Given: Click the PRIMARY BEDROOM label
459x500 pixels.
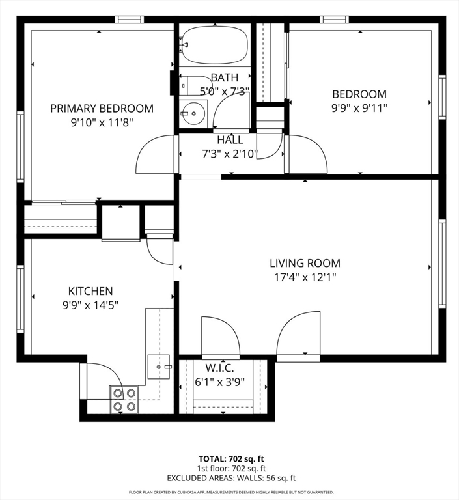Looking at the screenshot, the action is point(102,109).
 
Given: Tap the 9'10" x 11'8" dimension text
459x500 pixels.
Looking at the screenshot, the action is point(102,122).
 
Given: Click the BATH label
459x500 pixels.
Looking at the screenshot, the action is point(225,77).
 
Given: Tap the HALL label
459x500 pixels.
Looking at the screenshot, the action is point(230,140).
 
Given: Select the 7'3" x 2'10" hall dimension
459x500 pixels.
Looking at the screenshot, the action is point(230,154).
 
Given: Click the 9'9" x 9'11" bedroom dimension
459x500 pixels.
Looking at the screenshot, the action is point(359,108).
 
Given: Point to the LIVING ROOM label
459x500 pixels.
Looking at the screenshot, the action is point(305,263).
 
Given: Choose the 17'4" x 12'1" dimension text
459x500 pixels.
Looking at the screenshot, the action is point(305,277).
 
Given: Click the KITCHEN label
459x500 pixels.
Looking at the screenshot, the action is point(90,291).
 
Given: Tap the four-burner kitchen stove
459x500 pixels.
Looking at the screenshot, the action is point(124,399).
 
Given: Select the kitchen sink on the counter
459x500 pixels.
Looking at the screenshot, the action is point(158,367).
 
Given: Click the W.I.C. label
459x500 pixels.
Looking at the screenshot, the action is point(220,368).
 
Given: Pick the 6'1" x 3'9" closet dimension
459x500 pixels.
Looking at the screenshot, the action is point(220,382).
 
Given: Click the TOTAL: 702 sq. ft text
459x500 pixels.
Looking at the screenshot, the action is point(231,459).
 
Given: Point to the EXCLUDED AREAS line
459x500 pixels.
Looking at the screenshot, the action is point(231,478).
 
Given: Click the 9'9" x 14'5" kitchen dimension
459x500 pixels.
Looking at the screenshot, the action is point(90,305).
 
